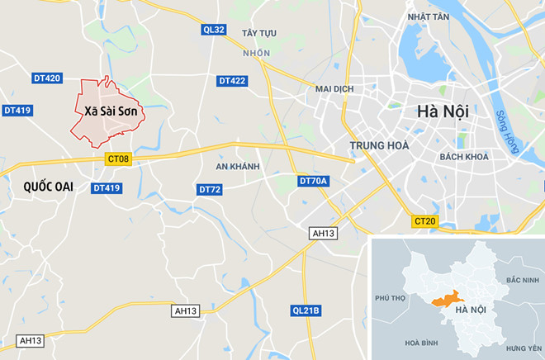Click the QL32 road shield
tap(213, 30)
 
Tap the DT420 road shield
tap(46, 78)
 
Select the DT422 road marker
tap(232, 81)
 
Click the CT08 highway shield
tap(118, 159)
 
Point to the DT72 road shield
tap(210, 189)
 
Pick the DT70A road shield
tap(314, 181)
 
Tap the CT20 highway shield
tap(424, 221)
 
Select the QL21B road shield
tap(306, 310)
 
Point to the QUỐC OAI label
tap(39, 187)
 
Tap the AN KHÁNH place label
tap(237, 166)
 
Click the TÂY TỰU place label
tap(258, 33)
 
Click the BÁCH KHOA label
tap(464, 156)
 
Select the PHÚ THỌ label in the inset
tap(392, 297)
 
